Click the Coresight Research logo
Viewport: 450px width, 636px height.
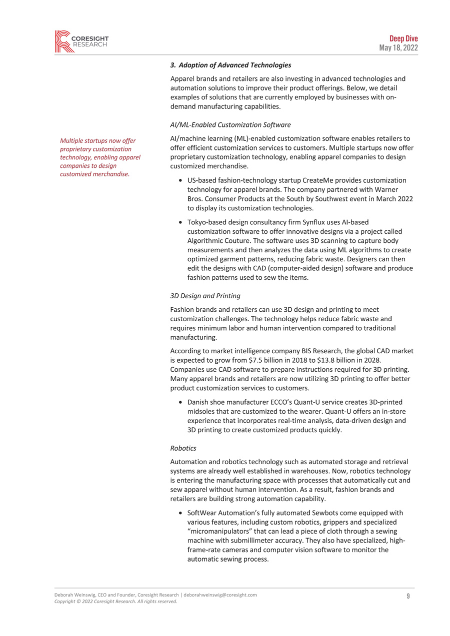coord(81,41)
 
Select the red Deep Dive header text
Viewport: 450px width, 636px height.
coord(403,39)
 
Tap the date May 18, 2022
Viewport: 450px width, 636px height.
coord(399,48)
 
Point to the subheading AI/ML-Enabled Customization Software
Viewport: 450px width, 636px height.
coord(230,124)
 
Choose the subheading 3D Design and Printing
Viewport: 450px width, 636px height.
coord(205,296)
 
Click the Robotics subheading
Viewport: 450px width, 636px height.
coord(183,448)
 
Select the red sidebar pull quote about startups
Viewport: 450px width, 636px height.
coord(100,157)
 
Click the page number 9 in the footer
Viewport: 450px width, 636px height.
coord(408,596)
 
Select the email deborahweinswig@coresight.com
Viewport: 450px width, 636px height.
coord(220,595)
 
